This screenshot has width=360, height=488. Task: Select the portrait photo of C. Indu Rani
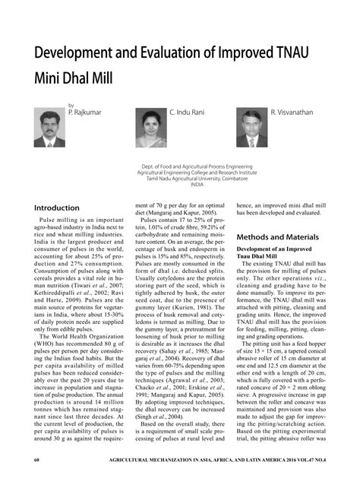click(150, 127)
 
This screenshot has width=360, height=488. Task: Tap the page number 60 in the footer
click(36, 481)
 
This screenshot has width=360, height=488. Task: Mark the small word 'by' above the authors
click(71, 105)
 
